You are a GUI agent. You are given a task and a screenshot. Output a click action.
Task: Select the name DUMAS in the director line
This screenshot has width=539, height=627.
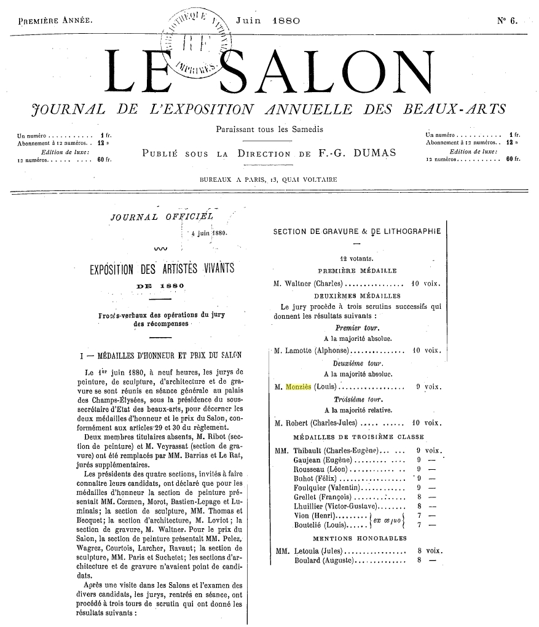click(x=374, y=153)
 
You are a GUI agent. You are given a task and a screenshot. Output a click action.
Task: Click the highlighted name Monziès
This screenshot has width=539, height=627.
click(x=298, y=387)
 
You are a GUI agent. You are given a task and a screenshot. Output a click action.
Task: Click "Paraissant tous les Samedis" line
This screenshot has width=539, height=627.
click(x=269, y=130)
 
